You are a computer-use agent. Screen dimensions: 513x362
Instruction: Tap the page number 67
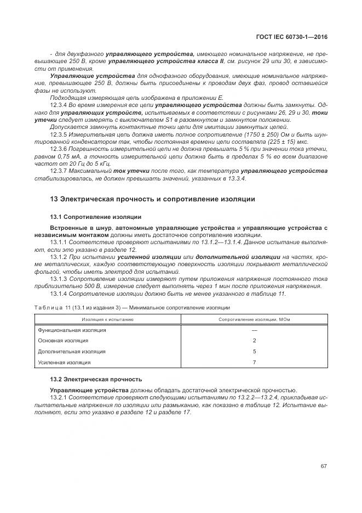click(324, 466)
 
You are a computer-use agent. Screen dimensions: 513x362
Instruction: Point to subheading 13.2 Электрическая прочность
click(96, 379)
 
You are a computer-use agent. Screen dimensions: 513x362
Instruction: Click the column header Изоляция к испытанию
click(107, 319)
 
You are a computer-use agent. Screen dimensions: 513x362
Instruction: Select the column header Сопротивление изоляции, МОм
click(254, 319)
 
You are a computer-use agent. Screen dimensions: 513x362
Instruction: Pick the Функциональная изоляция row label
click(72, 330)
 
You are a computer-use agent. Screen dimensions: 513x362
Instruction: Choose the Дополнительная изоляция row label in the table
click(72, 351)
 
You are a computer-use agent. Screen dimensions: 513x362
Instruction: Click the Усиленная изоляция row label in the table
click(64, 362)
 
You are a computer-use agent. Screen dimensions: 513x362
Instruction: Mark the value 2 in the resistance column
click(254, 341)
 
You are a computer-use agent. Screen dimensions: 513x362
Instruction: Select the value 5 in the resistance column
click(254, 351)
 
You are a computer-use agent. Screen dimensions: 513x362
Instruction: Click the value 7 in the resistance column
click(254, 362)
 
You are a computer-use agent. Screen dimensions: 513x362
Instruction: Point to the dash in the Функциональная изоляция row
click(254, 330)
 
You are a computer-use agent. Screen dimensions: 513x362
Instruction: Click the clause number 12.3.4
click(59, 104)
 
